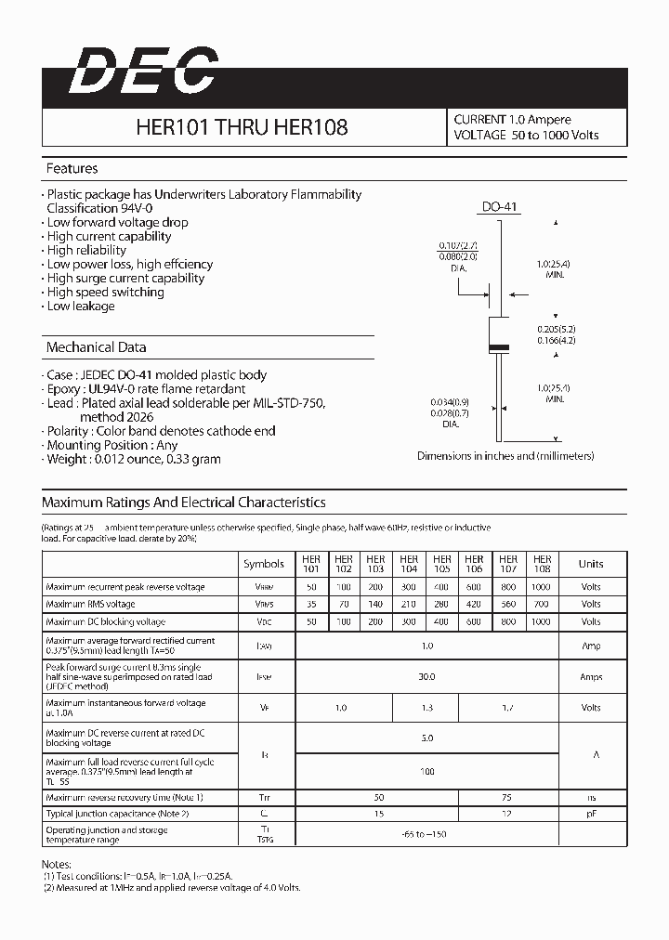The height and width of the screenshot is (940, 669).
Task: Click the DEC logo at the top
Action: pyautogui.click(x=141, y=72)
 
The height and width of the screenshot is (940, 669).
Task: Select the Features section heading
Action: pyautogui.click(x=72, y=169)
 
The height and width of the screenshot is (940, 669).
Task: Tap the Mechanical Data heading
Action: pyautogui.click(x=96, y=347)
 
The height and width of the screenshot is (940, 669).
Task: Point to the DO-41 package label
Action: pyautogui.click(x=499, y=207)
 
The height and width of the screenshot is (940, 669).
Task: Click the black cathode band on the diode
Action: pyautogui.click(x=499, y=347)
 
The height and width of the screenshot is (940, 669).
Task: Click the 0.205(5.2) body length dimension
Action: pyautogui.click(x=556, y=330)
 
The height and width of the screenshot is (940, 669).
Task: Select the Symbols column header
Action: pyautogui.click(x=264, y=564)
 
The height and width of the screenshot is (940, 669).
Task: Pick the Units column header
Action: pyautogui.click(x=591, y=564)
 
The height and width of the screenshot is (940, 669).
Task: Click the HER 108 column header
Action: pyautogui.click(x=542, y=564)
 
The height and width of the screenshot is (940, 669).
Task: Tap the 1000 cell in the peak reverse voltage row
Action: pyautogui.click(x=542, y=587)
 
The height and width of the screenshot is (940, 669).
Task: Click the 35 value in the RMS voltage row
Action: pyautogui.click(x=309, y=604)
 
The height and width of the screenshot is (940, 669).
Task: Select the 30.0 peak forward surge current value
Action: pyautogui.click(x=426, y=677)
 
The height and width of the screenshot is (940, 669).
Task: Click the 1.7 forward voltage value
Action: pyautogui.click(x=508, y=708)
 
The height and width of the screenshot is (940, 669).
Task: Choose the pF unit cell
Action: pyautogui.click(x=591, y=814)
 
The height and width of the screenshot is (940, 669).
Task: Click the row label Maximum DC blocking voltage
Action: pyautogui.click(x=105, y=621)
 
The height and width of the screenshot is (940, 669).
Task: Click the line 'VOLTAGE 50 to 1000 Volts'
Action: pyautogui.click(x=526, y=136)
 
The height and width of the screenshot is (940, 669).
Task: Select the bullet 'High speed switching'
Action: pyautogui.click(x=105, y=292)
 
